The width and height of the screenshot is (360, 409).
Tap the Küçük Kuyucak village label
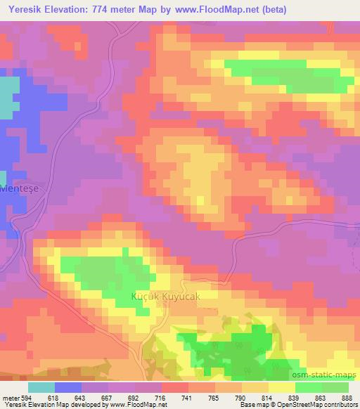tap(166, 297)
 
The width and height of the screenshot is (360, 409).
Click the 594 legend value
tap(25, 398)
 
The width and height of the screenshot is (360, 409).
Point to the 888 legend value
tap(347, 398)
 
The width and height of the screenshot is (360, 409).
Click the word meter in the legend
tap(10, 398)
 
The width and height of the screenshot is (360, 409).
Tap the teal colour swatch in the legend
tap(41, 387)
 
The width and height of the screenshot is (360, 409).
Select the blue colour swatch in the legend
tap(68, 387)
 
